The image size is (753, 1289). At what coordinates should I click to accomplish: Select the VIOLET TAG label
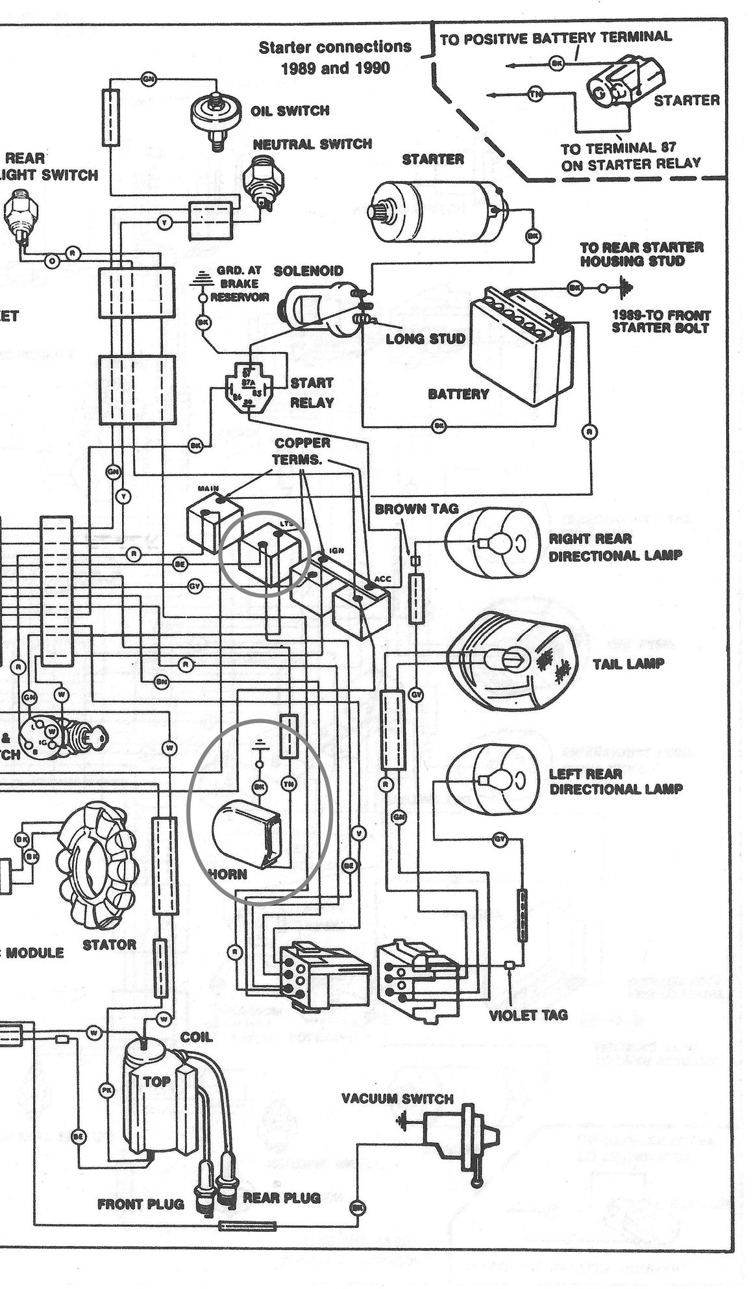click(528, 1015)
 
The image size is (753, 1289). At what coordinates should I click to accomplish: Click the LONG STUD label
click(425, 339)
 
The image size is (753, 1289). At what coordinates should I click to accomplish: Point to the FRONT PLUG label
click(140, 1204)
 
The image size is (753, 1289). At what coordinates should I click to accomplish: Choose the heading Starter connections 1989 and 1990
click(335, 57)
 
